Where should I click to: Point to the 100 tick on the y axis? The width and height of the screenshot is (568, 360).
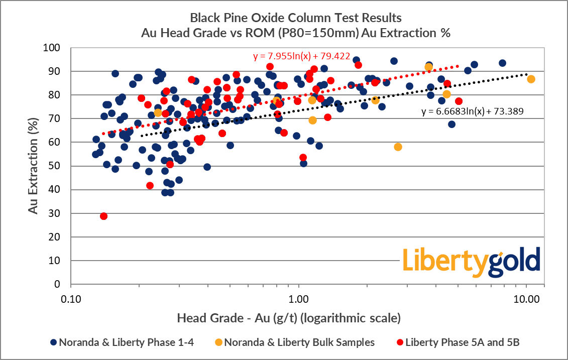[x=52, y=48]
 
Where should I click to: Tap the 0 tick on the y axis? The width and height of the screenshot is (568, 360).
[x=57, y=284]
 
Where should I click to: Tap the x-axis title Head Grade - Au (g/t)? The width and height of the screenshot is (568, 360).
[x=289, y=318]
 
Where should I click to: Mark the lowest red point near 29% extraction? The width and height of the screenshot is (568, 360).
[x=104, y=216]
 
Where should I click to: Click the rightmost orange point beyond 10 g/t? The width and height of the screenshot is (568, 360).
[x=531, y=79]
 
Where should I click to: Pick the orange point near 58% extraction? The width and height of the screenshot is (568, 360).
[x=398, y=147]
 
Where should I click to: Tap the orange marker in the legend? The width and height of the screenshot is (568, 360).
[x=218, y=342]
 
